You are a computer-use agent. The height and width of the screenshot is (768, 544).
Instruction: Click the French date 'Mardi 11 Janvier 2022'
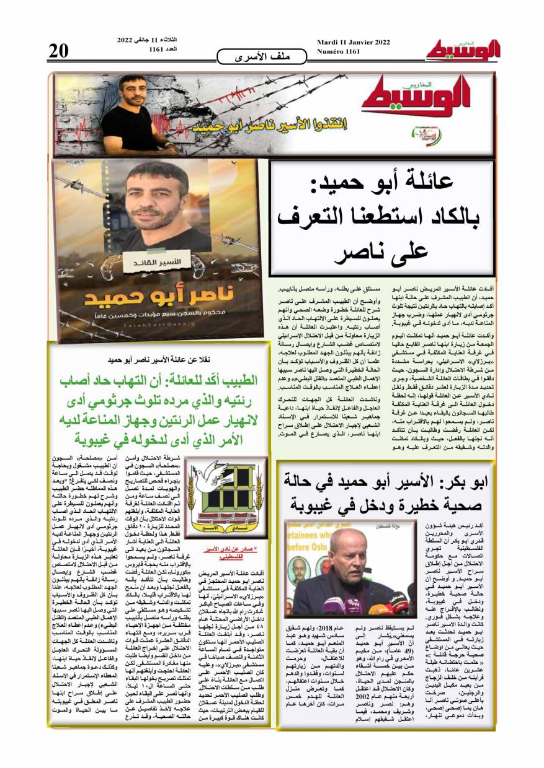point(353,42)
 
